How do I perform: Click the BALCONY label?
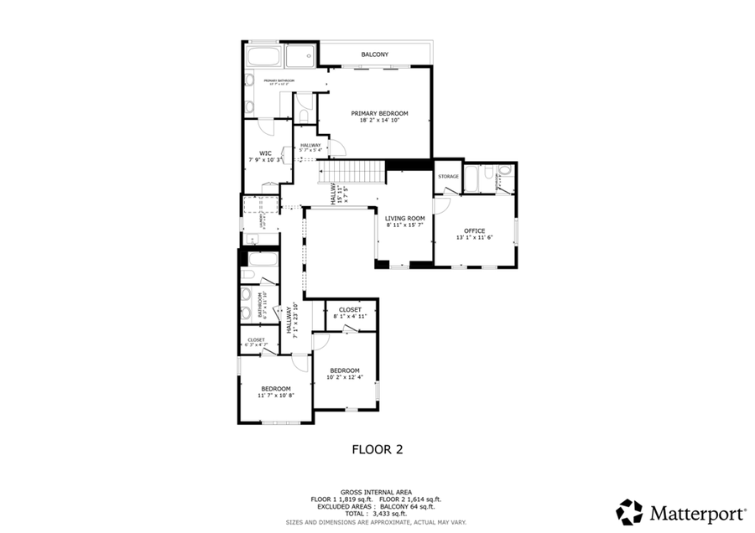click(x=374, y=54)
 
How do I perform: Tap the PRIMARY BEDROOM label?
click(x=379, y=113)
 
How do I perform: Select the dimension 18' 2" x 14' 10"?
click(x=379, y=121)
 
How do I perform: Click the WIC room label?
click(x=265, y=153)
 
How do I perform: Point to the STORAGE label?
click(x=448, y=176)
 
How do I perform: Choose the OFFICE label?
click(x=474, y=230)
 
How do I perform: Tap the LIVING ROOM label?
click(x=404, y=218)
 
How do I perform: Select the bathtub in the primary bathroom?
click(x=263, y=57)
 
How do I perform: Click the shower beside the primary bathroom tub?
click(x=299, y=56)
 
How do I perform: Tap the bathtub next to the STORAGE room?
click(x=472, y=179)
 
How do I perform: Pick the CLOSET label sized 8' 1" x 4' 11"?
click(x=351, y=309)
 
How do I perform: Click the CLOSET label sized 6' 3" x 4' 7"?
click(x=257, y=339)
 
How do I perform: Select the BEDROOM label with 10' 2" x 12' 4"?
click(x=344, y=370)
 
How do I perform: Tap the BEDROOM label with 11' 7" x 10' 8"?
click(x=275, y=388)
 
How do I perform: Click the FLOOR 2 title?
click(x=377, y=449)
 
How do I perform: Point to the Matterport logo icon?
click(x=629, y=511)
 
